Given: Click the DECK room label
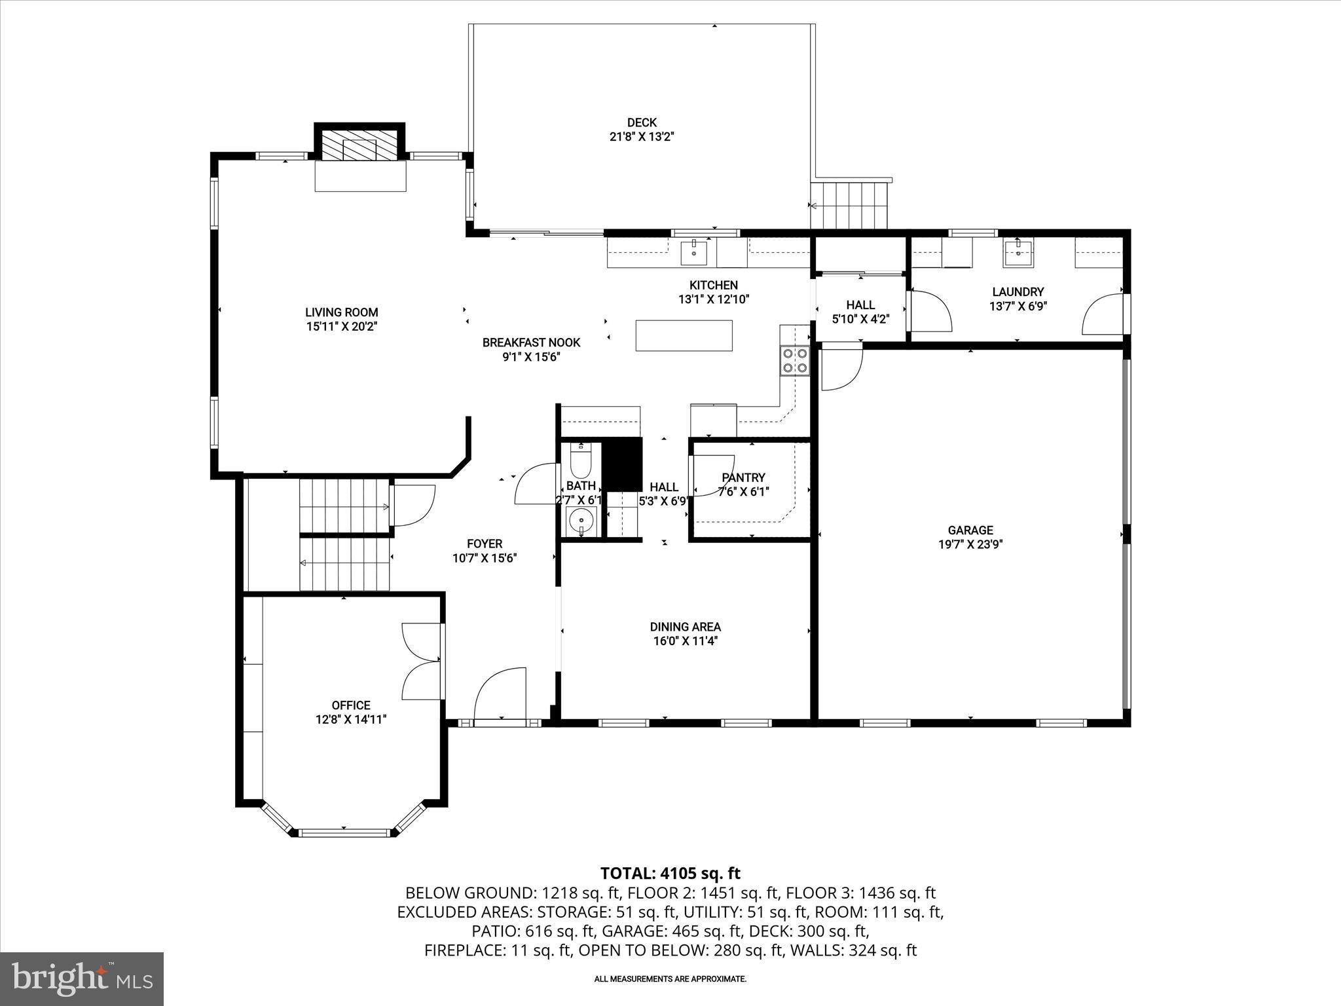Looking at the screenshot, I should pos(641,122).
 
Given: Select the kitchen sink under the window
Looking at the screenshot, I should pos(694,251).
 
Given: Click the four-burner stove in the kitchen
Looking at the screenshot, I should pos(795,360).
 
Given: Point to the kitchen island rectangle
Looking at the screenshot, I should pos(684,335).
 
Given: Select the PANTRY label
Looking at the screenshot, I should pos(743,478).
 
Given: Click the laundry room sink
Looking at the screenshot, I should pos(1019,253).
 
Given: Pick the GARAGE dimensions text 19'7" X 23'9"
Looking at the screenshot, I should pos(970,544).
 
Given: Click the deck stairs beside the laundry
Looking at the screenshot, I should pos(849,205).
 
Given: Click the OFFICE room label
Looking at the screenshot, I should pos(351,705).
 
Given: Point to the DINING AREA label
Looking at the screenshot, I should pos(686,627).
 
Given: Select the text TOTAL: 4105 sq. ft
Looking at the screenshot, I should pos(670,873).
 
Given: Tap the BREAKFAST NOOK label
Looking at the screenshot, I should pos(531,343).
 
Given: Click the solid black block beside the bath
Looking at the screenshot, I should pos(622,464).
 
